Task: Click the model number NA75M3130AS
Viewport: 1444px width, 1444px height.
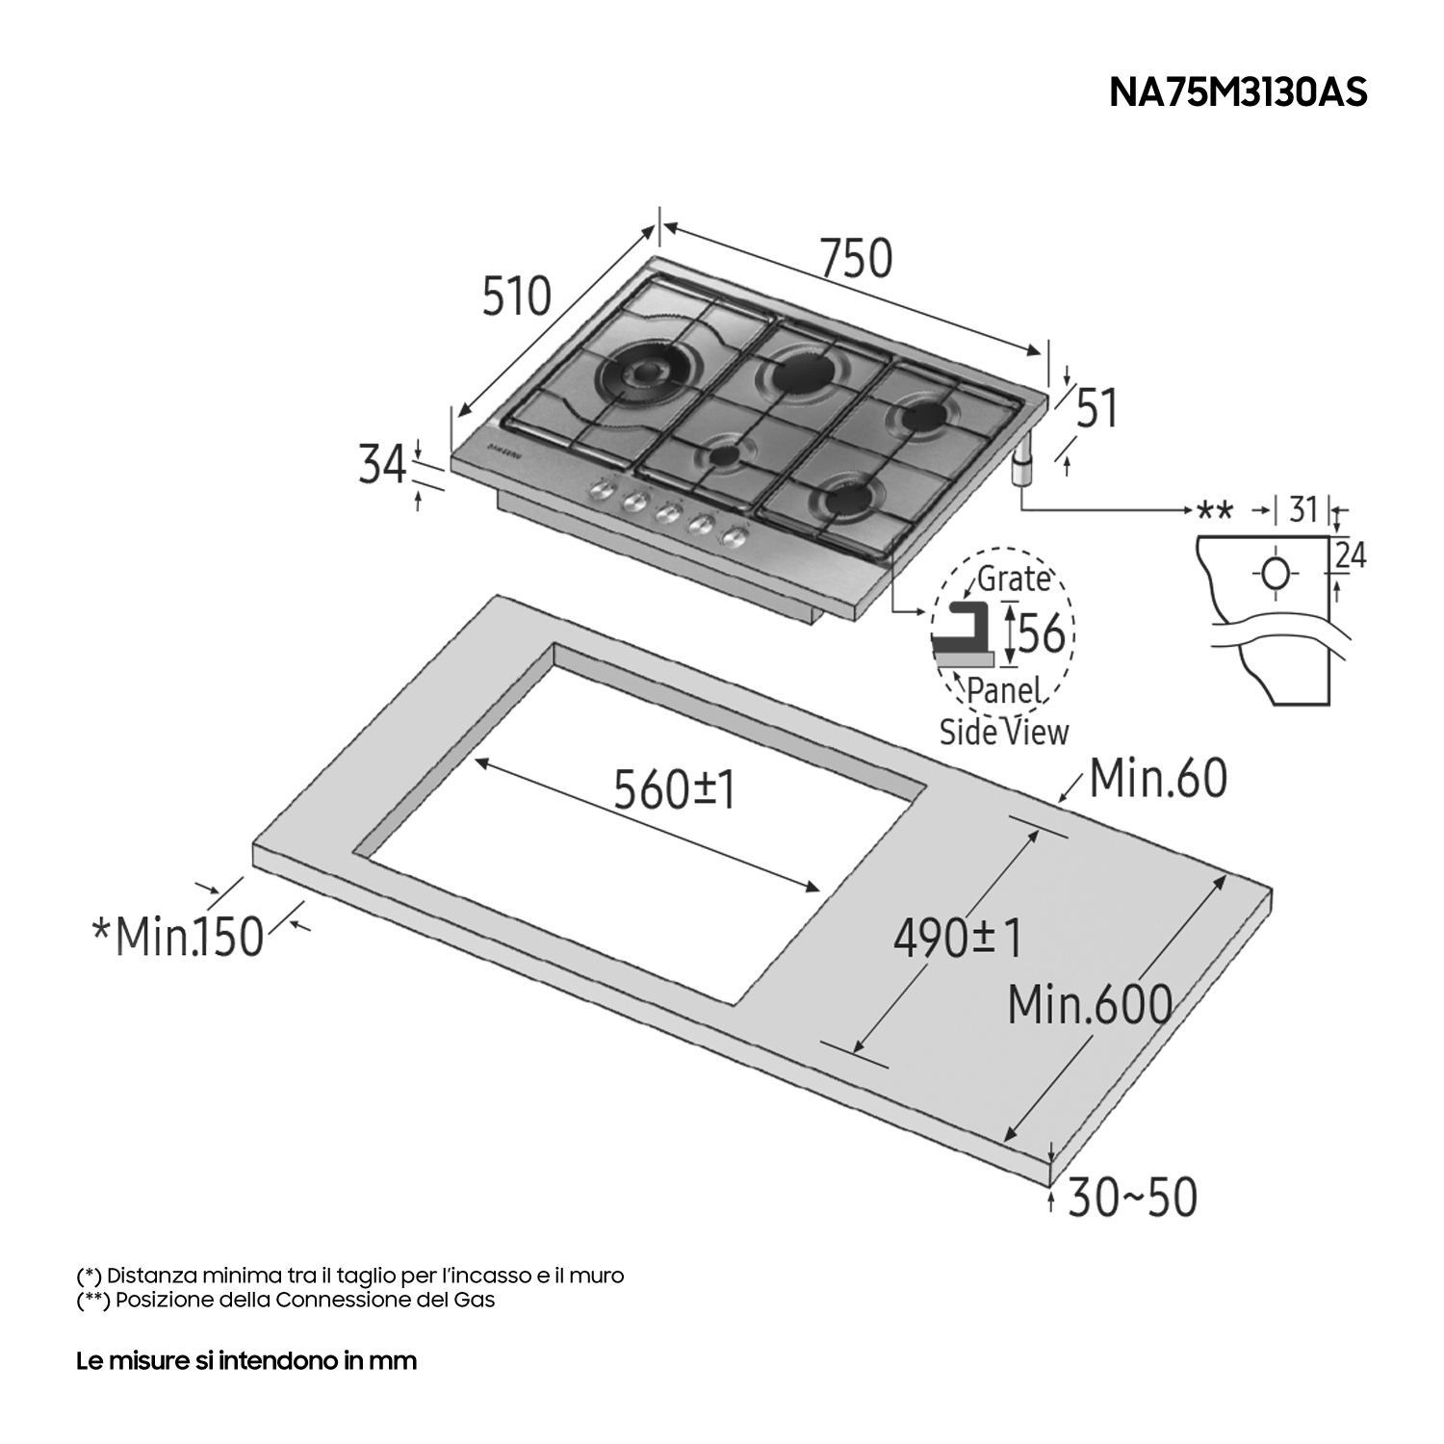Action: [1238, 92]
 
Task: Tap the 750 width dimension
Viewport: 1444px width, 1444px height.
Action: [857, 258]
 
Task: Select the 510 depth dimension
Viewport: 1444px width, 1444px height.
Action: [517, 296]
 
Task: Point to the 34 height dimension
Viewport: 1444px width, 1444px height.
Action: [382, 464]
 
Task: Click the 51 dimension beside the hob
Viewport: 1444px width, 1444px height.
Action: [1096, 408]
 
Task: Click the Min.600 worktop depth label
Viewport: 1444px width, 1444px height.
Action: [1090, 1005]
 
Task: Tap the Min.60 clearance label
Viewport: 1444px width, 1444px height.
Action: [1158, 778]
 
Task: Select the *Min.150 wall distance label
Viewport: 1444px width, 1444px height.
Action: [177, 936]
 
